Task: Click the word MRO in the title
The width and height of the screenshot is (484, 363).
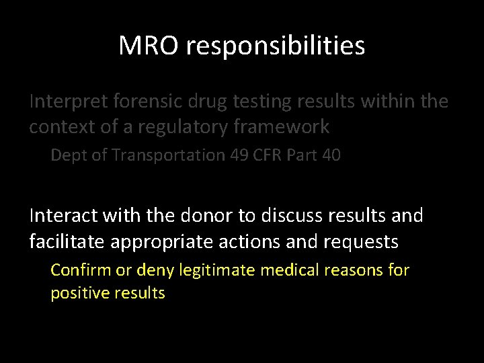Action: click(149, 46)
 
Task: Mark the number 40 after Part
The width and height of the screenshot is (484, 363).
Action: click(331, 155)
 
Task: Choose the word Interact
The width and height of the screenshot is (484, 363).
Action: click(64, 216)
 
